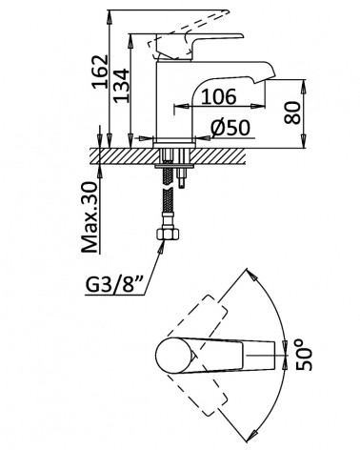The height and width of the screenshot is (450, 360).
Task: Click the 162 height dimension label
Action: click(99, 72)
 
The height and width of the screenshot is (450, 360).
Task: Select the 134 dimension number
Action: click(122, 86)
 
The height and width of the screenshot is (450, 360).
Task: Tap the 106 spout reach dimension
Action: click(219, 96)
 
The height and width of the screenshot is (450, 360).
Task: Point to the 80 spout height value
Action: click(292, 112)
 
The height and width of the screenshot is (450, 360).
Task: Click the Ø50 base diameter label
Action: click(230, 128)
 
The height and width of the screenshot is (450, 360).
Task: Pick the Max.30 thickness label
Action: click(90, 217)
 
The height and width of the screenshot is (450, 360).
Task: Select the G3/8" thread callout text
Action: click(114, 285)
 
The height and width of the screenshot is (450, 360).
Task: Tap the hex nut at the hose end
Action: click(169, 235)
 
